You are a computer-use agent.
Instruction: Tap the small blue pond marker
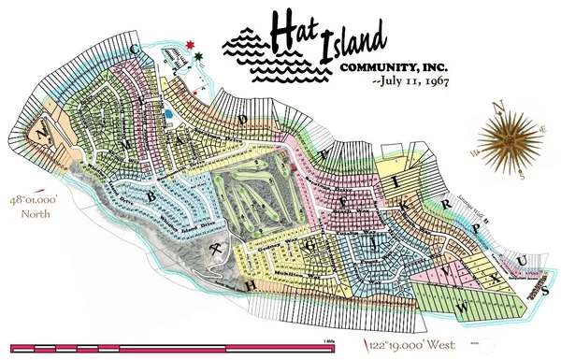tap(167, 113)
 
